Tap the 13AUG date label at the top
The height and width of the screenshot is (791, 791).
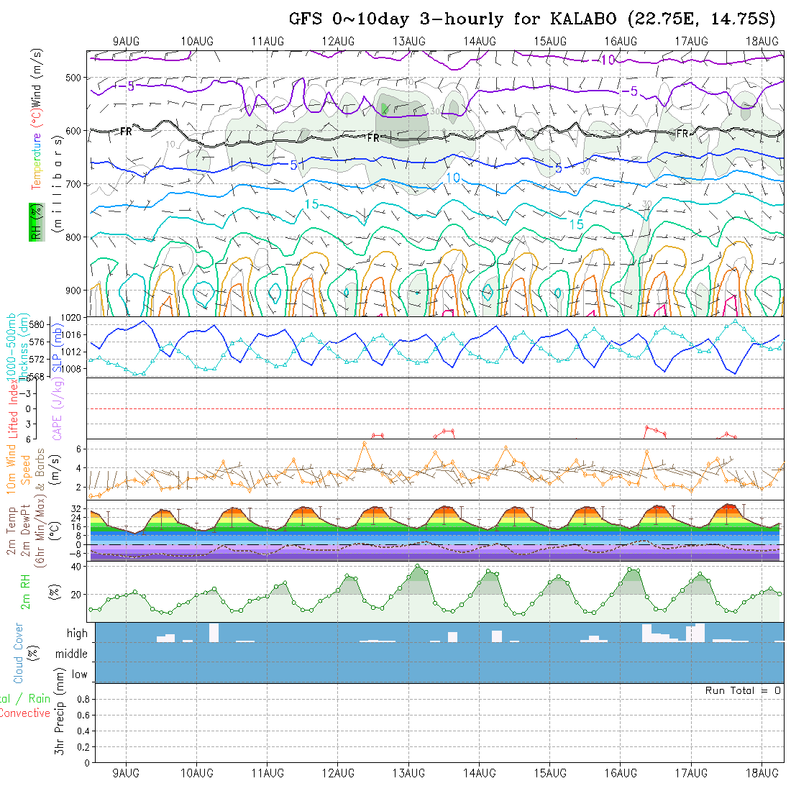(408, 41)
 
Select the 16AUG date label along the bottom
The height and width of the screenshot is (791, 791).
(621, 773)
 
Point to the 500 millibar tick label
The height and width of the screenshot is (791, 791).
(76, 78)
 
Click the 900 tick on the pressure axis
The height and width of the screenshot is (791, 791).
(76, 291)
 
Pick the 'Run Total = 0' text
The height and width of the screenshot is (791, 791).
(743, 690)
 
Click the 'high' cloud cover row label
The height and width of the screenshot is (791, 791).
(77, 634)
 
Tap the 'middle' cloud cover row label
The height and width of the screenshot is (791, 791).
(72, 654)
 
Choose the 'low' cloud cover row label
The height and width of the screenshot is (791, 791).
(79, 675)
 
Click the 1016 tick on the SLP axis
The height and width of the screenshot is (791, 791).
(75, 335)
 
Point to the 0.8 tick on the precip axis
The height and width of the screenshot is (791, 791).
(82, 699)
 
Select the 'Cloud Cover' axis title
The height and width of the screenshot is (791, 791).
(19, 653)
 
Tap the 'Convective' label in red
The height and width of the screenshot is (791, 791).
(24, 713)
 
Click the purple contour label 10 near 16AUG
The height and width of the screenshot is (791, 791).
(608, 60)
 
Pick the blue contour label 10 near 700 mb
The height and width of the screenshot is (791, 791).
(453, 178)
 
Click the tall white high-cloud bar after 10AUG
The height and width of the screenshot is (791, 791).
(214, 633)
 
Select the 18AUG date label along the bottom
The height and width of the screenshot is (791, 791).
(762, 773)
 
